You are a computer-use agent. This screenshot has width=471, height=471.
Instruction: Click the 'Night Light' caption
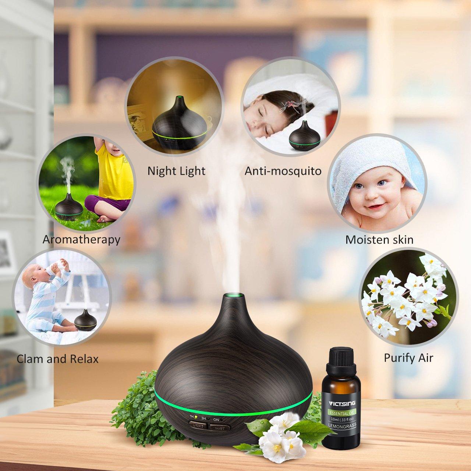(176, 171)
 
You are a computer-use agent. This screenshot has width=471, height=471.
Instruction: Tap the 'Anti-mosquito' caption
(283, 171)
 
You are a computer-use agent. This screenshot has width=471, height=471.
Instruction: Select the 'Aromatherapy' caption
(81, 240)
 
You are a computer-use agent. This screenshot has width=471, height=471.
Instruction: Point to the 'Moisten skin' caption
(379, 240)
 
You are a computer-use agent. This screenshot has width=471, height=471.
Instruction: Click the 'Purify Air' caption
(408, 357)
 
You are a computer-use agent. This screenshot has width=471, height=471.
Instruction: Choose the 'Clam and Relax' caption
(58, 359)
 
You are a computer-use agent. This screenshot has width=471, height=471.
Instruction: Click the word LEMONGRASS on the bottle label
(340, 424)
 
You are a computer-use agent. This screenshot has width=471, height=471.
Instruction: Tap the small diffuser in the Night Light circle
(180, 123)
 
